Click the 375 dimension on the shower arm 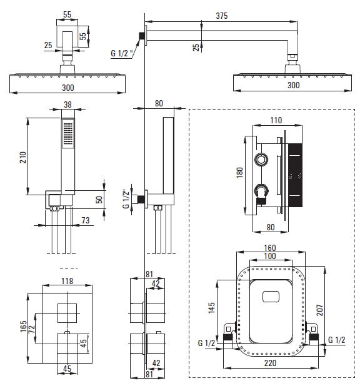(221, 16)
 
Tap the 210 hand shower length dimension (23, 157)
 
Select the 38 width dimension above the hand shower (67, 105)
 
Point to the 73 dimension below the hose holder (86, 220)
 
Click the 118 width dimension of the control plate (67, 281)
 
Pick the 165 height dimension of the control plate (24, 326)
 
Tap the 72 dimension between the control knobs (32, 329)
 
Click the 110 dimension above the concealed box (276, 120)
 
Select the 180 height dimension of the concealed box (239, 173)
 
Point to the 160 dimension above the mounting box (269, 248)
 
